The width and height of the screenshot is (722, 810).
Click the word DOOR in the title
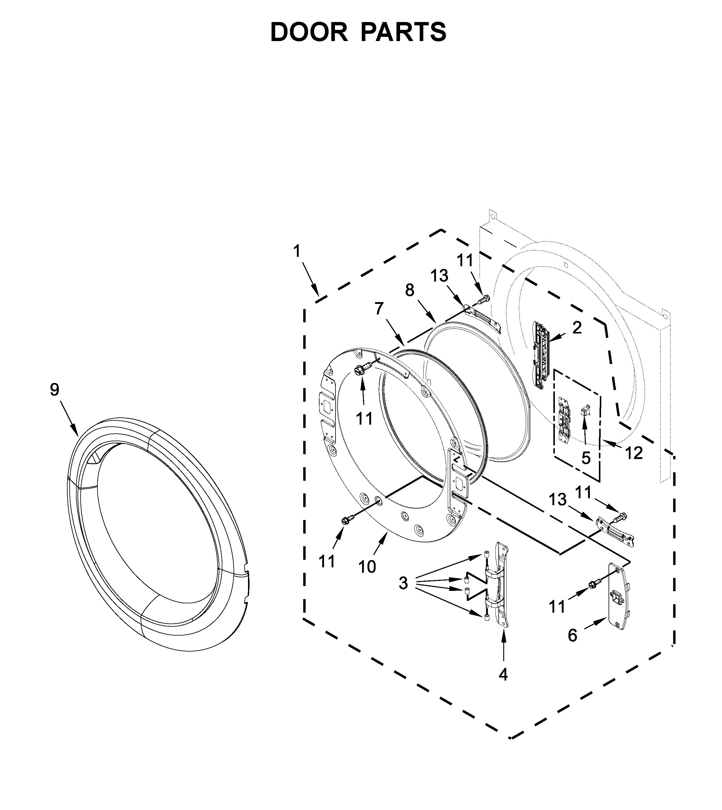click(x=309, y=32)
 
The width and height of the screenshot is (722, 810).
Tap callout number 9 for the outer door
click(x=54, y=389)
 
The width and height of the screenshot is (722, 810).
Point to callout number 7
click(x=379, y=308)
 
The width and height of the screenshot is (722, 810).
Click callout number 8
click(x=409, y=291)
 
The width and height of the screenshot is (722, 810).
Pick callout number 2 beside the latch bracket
click(x=577, y=327)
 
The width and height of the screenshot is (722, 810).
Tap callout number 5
click(x=586, y=458)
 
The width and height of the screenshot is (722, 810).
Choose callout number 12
click(x=634, y=453)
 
